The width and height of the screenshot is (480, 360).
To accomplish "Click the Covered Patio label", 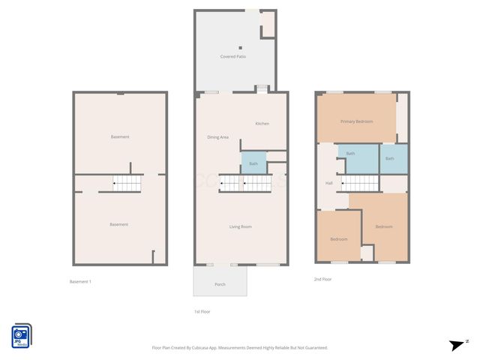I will (232, 57).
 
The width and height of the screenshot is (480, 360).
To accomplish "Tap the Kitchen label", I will (262, 124).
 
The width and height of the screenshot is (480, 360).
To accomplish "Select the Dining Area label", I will (218, 137).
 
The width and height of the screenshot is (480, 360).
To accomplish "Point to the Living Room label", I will (240, 226).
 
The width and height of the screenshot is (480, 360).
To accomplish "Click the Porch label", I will (220, 285).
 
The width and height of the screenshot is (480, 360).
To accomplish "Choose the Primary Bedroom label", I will (356, 121).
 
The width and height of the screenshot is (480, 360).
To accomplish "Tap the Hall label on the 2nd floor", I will (328, 184).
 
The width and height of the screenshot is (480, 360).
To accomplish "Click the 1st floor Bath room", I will (253, 163).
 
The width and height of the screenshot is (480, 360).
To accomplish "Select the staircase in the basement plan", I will (127, 182).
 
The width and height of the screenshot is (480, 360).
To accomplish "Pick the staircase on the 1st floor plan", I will (244, 182).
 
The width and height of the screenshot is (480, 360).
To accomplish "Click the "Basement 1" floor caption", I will (80, 281).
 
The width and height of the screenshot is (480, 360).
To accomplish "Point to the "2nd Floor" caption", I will (322, 279).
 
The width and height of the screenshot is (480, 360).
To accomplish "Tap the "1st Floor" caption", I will (202, 311).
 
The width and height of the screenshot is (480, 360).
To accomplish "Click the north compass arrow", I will (457, 345).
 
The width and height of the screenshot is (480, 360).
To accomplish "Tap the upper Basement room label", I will (119, 137).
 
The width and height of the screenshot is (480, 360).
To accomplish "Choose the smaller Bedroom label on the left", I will (338, 239).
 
